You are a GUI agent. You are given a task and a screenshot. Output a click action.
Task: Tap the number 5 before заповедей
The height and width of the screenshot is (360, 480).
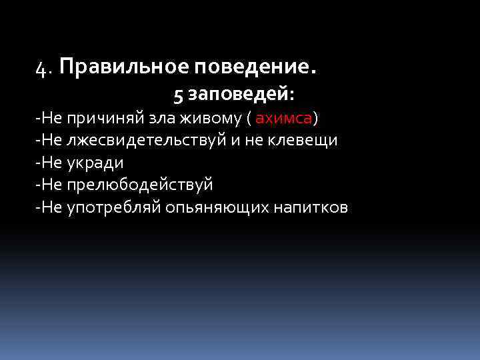pyautogui.click(x=178, y=96)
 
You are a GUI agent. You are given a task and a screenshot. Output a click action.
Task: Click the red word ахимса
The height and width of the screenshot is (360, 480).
pyautogui.click(x=284, y=118)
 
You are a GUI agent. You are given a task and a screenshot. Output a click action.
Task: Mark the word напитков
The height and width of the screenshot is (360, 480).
pyautogui.click(x=311, y=208)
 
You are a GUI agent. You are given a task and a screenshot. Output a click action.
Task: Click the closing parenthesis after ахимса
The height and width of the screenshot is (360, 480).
pyautogui.click(x=316, y=119)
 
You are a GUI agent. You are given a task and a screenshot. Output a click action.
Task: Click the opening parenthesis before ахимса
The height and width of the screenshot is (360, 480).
pyautogui.click(x=249, y=119)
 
